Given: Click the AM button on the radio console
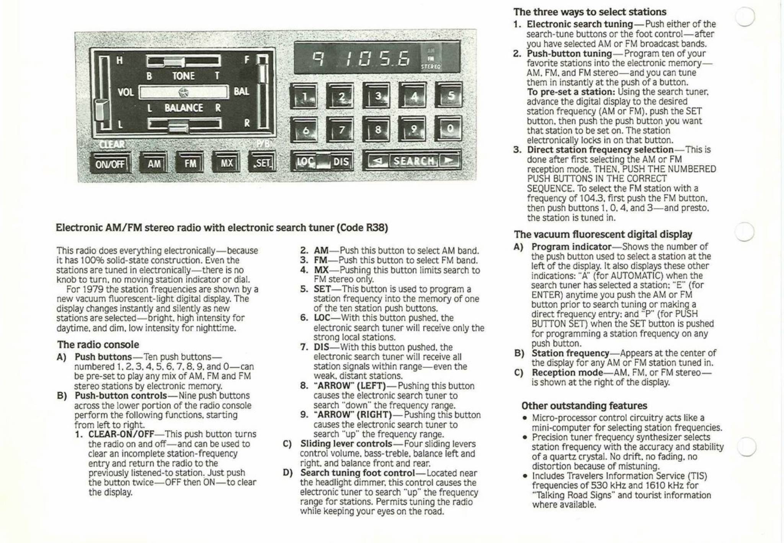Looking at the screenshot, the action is tap(154, 163).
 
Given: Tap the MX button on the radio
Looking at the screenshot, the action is tap(226, 163).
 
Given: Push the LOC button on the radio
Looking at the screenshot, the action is tap(305, 161).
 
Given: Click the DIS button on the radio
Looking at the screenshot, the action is tap(340, 161).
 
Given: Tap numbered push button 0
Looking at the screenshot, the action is tap(449, 128).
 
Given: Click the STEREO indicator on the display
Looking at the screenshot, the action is tap(431, 67).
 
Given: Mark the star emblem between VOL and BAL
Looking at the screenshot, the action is tap(183, 92).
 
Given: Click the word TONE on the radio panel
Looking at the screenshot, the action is tap(183, 76).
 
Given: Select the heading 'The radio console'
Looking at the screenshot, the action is tap(98, 344).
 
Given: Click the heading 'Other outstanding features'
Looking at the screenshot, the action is tap(584, 405).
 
